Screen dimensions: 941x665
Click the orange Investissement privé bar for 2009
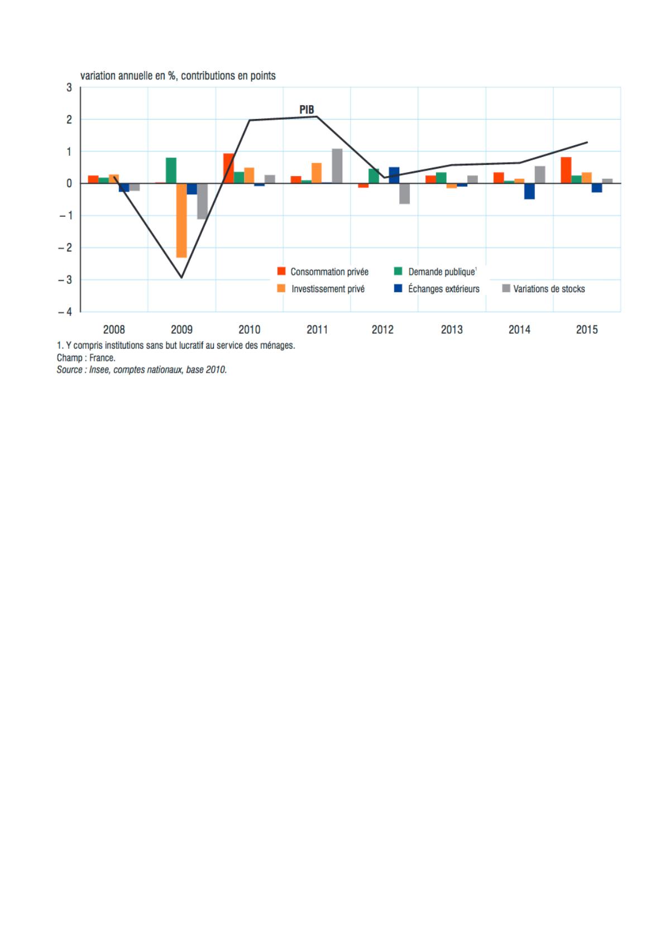click(x=181, y=220)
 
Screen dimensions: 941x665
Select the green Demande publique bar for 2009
click(x=171, y=170)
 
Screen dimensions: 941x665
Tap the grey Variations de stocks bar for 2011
click(x=337, y=166)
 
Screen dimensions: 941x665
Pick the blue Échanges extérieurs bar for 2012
click(x=394, y=175)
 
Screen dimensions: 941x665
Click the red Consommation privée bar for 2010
click(x=228, y=168)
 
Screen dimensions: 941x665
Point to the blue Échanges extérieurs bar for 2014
click(x=529, y=191)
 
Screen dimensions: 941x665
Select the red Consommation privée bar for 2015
click(x=566, y=170)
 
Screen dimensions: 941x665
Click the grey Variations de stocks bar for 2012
click(x=404, y=193)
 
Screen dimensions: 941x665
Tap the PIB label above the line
click(x=307, y=110)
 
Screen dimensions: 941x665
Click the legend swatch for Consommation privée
click(x=282, y=272)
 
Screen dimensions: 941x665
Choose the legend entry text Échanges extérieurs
click(x=443, y=289)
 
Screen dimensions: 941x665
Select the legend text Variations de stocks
click(x=549, y=289)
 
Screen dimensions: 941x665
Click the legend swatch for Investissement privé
click(x=282, y=289)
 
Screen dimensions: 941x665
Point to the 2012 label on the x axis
click(x=382, y=330)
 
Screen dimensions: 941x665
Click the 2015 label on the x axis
click(x=587, y=330)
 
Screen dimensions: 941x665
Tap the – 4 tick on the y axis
click(x=65, y=312)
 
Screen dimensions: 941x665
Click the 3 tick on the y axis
click(x=69, y=87)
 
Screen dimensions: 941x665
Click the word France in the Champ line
click(x=102, y=358)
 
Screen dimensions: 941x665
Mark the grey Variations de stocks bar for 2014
click(x=539, y=175)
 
